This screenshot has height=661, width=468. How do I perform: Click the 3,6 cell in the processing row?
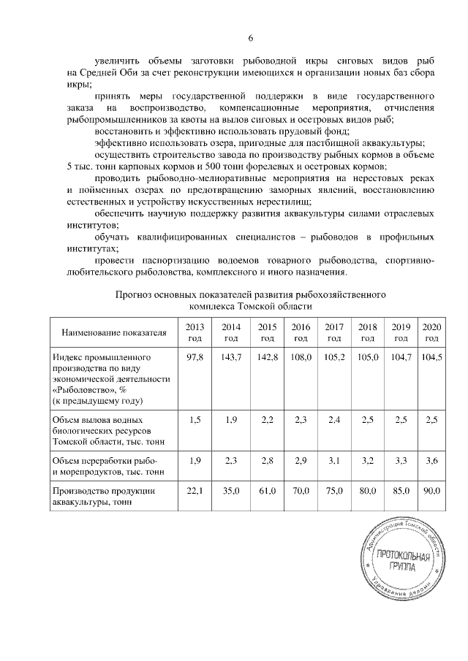pyautogui.click(x=431, y=460)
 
